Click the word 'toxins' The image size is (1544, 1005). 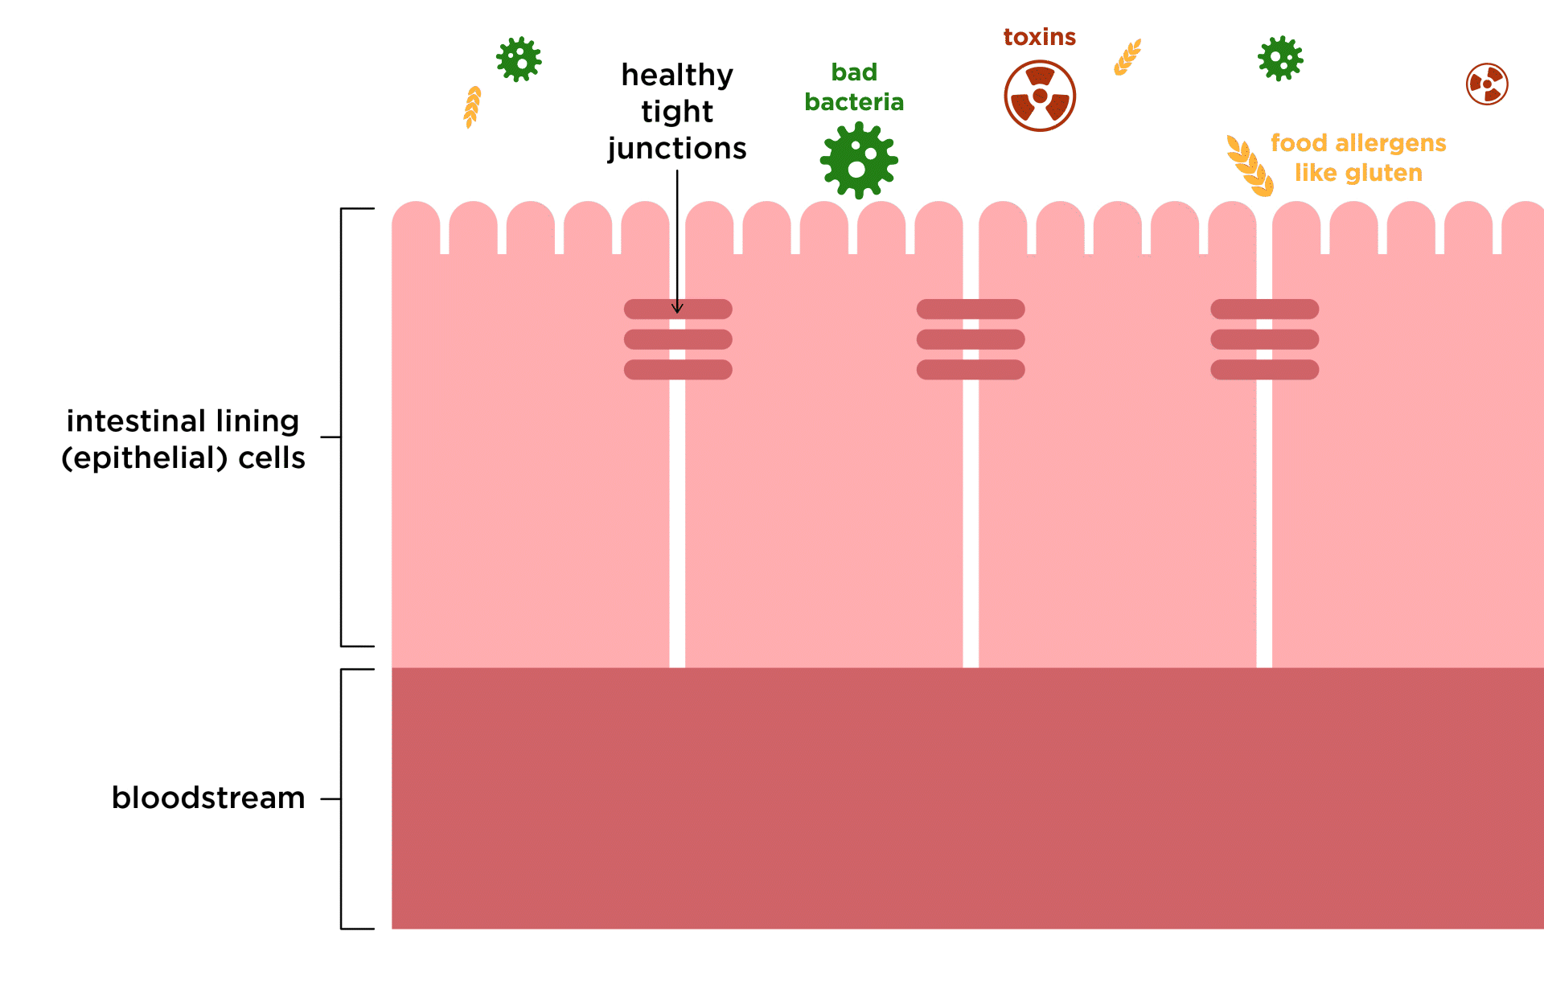pyautogui.click(x=1039, y=37)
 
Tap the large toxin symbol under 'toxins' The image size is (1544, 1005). pyautogui.click(x=1040, y=96)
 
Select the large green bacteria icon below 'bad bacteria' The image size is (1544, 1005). pyautogui.click(x=859, y=160)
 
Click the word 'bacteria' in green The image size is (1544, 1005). pyautogui.click(x=854, y=102)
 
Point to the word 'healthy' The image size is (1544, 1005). pyautogui.click(x=677, y=76)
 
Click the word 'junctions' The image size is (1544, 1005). pyautogui.click(x=677, y=149)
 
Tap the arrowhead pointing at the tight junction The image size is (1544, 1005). pyautogui.click(x=677, y=307)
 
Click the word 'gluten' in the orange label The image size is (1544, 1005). pyautogui.click(x=1382, y=173)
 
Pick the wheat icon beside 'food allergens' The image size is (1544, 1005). pyautogui.click(x=1250, y=166)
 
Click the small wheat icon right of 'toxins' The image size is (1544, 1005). pyautogui.click(x=1127, y=57)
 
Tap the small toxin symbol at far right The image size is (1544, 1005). pyautogui.click(x=1487, y=84)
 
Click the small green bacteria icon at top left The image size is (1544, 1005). pyautogui.click(x=519, y=59)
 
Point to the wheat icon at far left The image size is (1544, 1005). pyautogui.click(x=472, y=107)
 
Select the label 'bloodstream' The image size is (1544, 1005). pyautogui.click(x=208, y=798)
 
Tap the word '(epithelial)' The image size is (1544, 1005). pyautogui.click(x=145, y=457)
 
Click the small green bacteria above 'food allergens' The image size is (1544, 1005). pyautogui.click(x=1280, y=58)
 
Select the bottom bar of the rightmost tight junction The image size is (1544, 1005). pyautogui.click(x=1264, y=370)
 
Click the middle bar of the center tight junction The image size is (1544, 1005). pyautogui.click(x=971, y=339)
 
